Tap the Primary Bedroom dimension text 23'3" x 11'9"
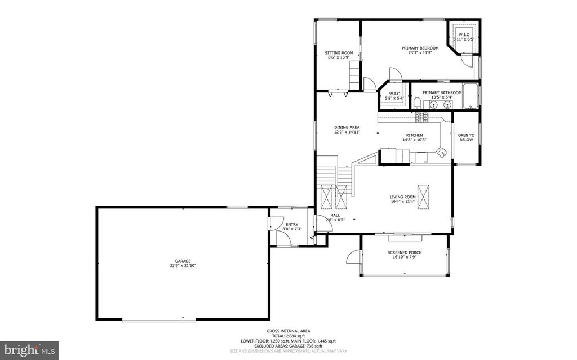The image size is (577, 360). [x=420, y=53]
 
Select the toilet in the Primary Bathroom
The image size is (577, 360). [x=416, y=104]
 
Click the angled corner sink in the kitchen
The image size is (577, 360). [x=442, y=151]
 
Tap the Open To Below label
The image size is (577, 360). [x=466, y=137]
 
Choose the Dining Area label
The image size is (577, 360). [x=347, y=127]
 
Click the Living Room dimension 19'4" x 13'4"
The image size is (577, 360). [x=402, y=202]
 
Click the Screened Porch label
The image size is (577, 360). [x=405, y=252]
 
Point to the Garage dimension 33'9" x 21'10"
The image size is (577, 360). [x=183, y=265]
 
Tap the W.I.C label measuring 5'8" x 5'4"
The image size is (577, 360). [x=393, y=94]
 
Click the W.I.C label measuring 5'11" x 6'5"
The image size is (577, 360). [x=464, y=35]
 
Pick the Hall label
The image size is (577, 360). [x=335, y=215]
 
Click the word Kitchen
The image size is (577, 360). [x=414, y=135]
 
